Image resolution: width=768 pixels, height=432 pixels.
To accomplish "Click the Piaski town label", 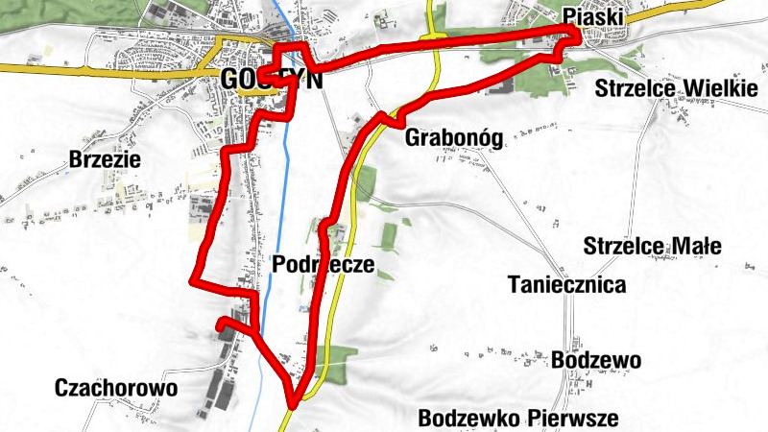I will pyautogui.click(x=593, y=16).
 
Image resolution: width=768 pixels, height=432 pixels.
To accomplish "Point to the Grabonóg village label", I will pyautogui.click(x=454, y=136).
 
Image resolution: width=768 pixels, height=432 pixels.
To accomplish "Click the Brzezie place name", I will pyautogui.click(x=106, y=159).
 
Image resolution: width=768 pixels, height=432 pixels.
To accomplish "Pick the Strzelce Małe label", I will pyautogui.click(x=652, y=246).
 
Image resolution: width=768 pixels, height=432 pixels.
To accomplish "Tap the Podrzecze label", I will pyautogui.click(x=322, y=264).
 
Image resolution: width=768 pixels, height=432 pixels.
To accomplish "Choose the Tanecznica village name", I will pyautogui.click(x=568, y=284).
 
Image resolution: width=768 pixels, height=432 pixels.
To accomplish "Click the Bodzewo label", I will pyautogui.click(x=596, y=359).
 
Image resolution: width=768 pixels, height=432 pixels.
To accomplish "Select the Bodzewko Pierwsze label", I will pyautogui.click(x=518, y=418).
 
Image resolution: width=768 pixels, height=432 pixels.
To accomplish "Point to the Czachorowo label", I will pyautogui.click(x=117, y=388).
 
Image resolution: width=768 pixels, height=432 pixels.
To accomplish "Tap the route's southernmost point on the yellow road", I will pyautogui.click(x=293, y=402).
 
